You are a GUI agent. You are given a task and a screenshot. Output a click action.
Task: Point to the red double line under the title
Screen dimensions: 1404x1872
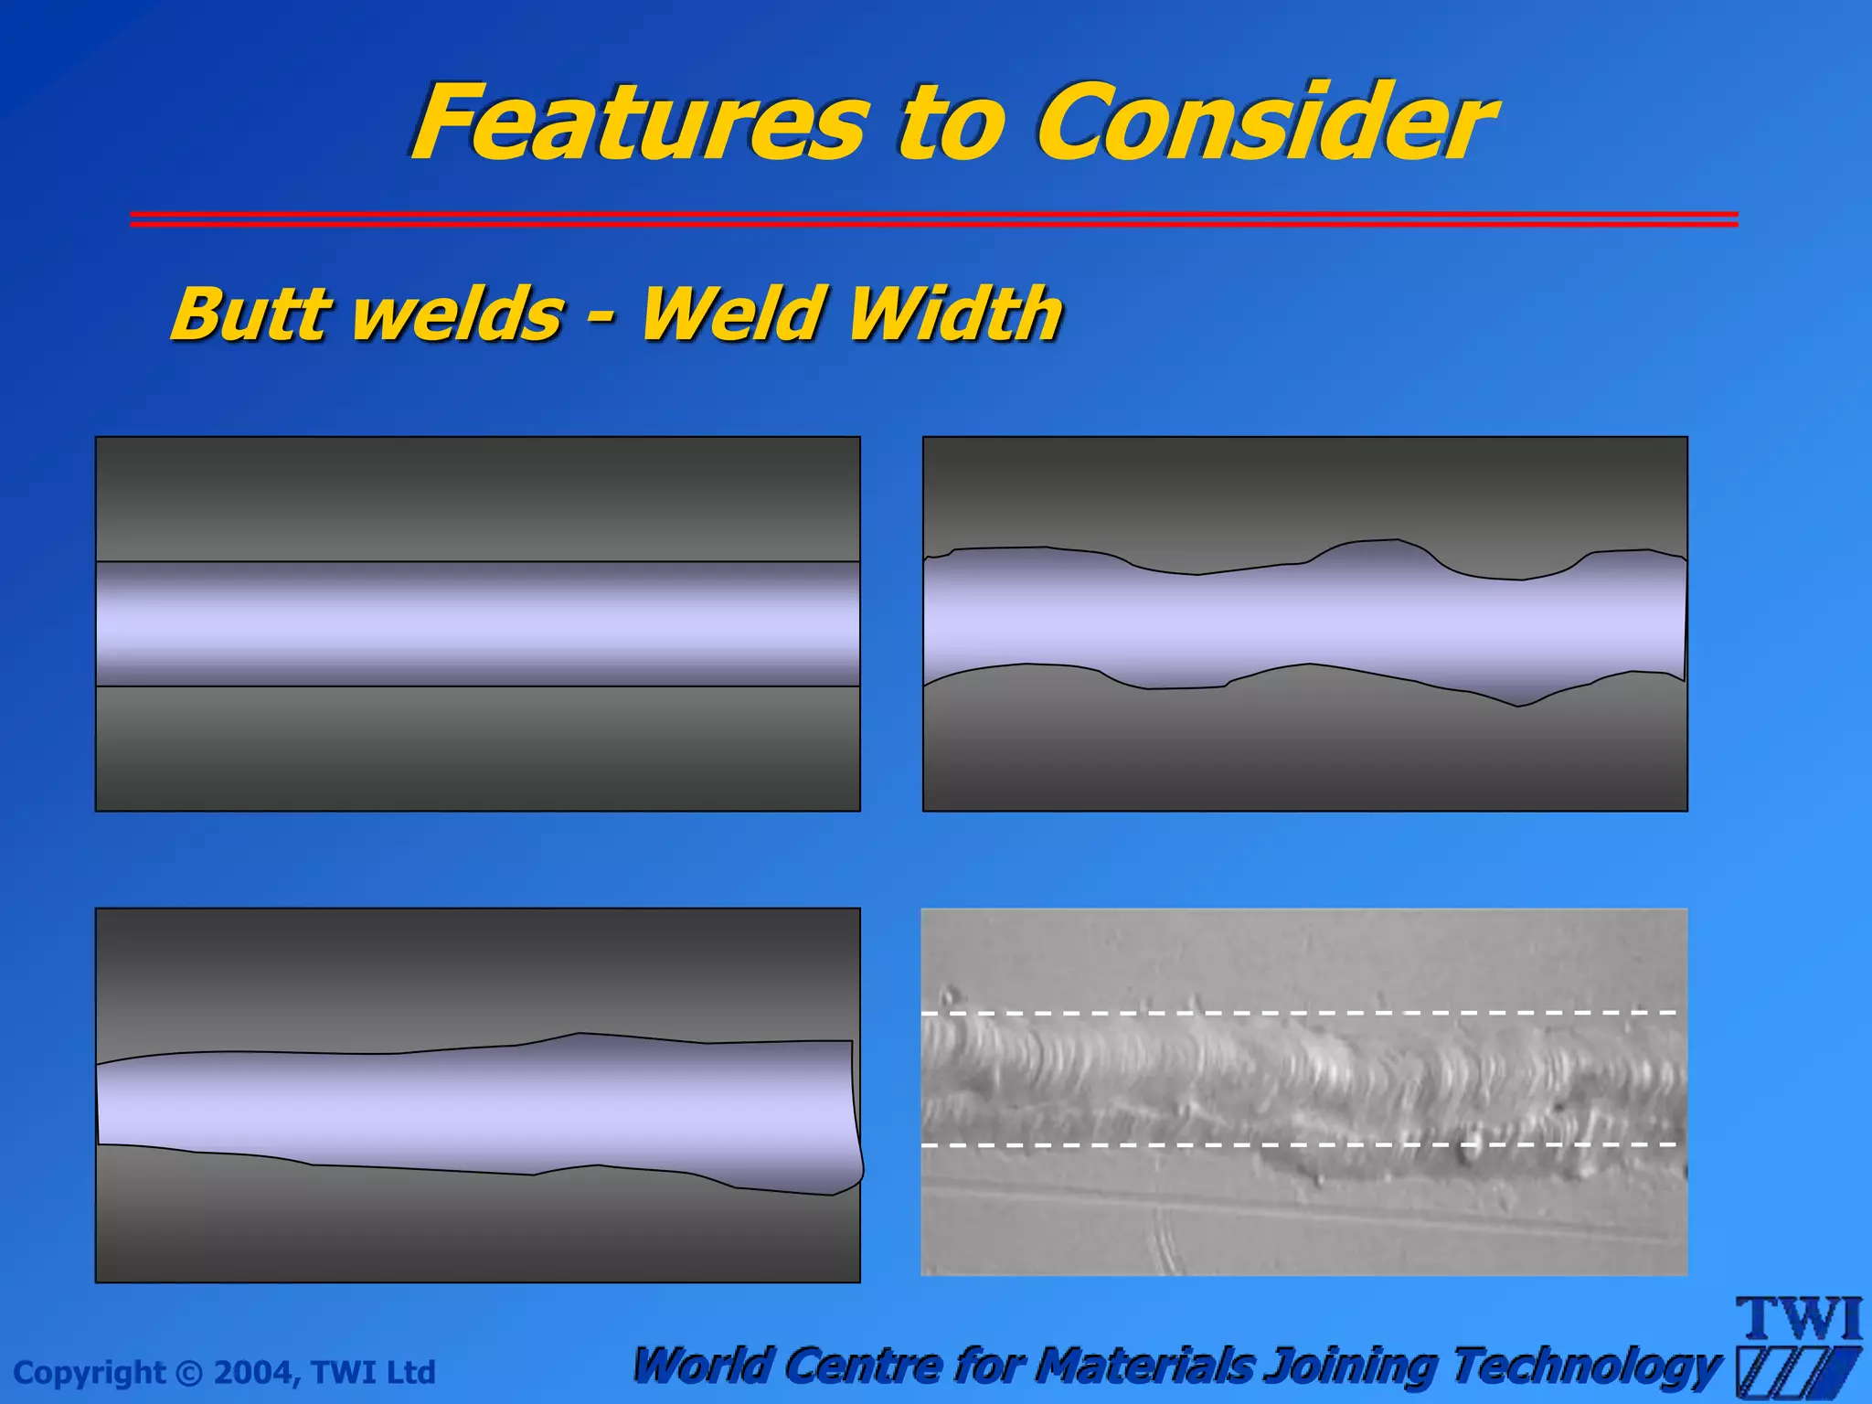[x=932, y=218]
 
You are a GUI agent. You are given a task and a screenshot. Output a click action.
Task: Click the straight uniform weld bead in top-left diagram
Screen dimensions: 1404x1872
[x=477, y=623]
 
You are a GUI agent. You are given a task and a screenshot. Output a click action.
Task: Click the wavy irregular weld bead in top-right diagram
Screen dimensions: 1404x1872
[x=1304, y=622]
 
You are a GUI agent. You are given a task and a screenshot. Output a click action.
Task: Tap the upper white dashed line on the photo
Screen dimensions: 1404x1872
[x=1298, y=1013]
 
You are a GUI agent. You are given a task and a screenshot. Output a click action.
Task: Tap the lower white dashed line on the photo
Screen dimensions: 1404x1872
[x=1298, y=1144]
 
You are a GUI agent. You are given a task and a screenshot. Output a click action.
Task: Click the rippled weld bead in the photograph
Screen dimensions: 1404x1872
[x=1298, y=1079]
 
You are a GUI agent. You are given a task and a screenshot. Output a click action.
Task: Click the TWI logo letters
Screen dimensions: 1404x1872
[x=1798, y=1319]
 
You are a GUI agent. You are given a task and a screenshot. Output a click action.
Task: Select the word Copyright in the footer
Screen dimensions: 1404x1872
[x=90, y=1373]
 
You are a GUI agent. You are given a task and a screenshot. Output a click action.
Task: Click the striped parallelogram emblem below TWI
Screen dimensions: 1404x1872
[x=1796, y=1371]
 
